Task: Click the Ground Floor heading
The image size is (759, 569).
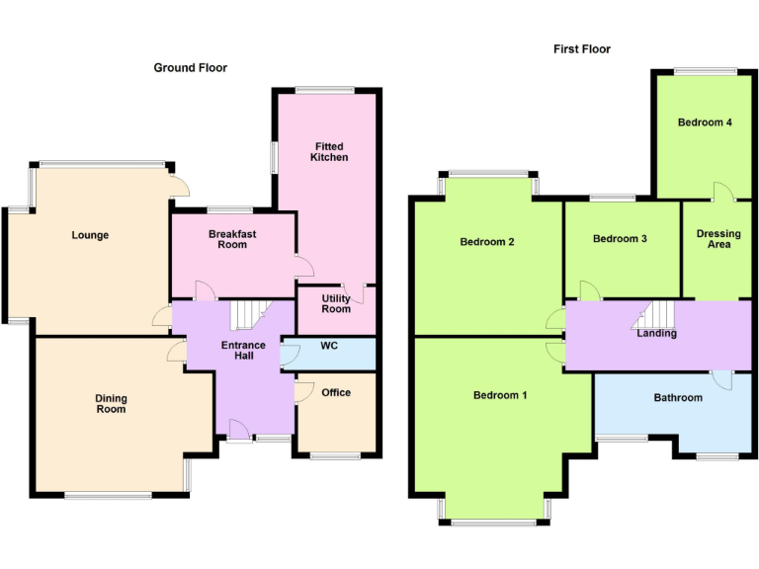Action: (191, 68)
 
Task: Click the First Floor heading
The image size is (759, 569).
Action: (581, 48)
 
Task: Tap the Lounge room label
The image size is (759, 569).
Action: (90, 235)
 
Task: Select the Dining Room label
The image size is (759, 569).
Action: (111, 403)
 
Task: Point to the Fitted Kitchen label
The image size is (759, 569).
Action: (329, 151)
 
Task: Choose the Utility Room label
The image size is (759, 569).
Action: (336, 303)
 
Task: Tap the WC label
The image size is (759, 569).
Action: (329, 346)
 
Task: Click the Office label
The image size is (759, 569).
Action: (336, 392)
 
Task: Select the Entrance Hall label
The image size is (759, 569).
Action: (237, 350)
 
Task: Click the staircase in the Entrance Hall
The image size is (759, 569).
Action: (248, 315)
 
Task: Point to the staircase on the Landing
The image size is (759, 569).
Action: (655, 316)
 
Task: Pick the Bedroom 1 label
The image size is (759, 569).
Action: (499, 395)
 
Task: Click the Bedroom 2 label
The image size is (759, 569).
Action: (487, 241)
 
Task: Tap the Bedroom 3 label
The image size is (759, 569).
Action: (620, 238)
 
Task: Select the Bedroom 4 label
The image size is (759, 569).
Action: (705, 122)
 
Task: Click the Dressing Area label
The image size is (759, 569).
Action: (718, 239)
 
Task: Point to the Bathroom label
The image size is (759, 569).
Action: (678, 397)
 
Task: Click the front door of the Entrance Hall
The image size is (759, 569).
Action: (237, 429)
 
